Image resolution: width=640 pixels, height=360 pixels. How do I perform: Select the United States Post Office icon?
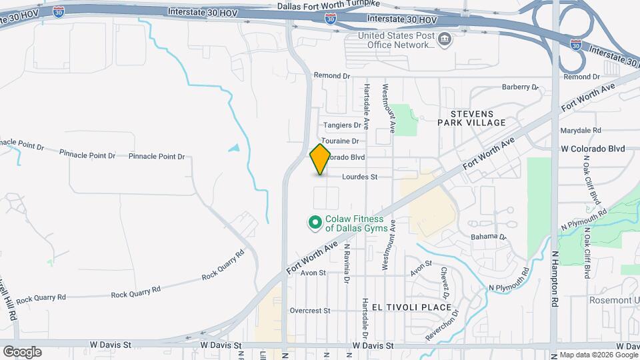coord(443,41)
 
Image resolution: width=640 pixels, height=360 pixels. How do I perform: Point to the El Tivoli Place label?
coord(405,307)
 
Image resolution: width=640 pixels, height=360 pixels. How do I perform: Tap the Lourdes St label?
coord(360,177)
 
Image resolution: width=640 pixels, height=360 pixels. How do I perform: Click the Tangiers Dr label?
coord(342,125)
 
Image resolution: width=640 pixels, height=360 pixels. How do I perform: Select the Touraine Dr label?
coord(340,141)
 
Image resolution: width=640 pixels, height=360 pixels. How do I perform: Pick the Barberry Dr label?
coord(519,87)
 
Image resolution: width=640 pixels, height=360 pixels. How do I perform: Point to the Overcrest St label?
coord(310,311)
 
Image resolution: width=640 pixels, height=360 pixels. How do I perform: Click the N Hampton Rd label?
coord(554,278)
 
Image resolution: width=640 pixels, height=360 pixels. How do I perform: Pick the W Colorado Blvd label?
coord(593,149)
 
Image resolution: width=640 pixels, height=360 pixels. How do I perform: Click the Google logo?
coord(22,352)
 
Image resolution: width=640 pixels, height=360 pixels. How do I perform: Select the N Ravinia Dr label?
coord(347,263)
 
